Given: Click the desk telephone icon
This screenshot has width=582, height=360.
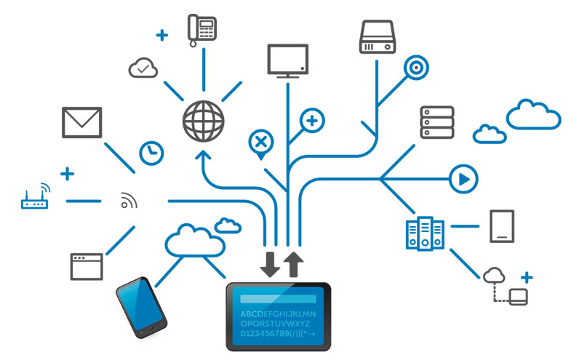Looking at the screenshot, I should [x=202, y=29].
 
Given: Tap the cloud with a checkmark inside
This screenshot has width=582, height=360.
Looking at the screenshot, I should [x=143, y=68].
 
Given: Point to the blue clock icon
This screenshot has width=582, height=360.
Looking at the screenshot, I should [x=151, y=152].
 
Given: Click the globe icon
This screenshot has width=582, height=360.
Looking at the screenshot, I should [x=202, y=121].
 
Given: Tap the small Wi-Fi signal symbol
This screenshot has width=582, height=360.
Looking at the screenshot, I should [x=128, y=200].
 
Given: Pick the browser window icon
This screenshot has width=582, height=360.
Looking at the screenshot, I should [x=87, y=266].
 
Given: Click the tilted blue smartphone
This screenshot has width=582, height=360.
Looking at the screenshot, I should [x=141, y=306].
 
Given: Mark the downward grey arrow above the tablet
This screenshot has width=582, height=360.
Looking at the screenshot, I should [x=270, y=263].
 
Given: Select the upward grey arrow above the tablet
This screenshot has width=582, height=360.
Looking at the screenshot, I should [x=293, y=263].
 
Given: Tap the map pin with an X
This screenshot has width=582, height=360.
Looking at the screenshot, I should [x=260, y=142].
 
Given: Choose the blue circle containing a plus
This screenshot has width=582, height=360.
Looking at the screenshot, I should [x=312, y=121].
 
